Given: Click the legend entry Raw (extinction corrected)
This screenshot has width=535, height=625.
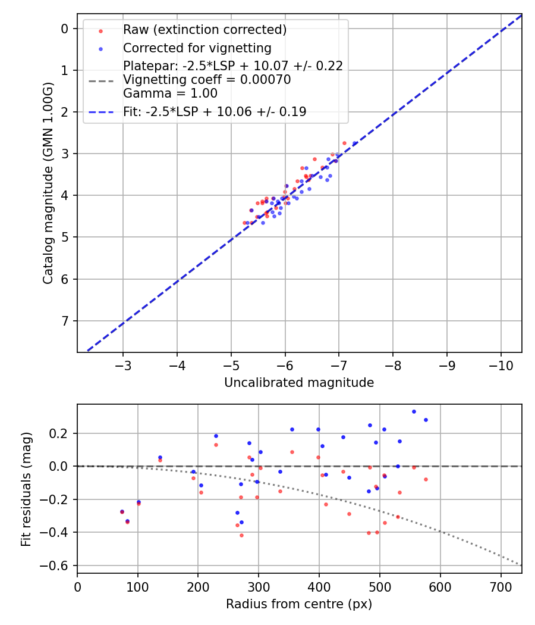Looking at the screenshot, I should [204, 29].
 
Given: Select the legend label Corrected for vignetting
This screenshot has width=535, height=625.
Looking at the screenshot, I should [197, 48].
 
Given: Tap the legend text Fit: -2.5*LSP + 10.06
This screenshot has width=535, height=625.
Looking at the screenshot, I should [215, 111].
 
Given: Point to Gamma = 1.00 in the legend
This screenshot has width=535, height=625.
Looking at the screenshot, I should [170, 93].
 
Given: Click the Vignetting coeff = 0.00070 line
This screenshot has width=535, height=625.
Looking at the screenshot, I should [207, 80].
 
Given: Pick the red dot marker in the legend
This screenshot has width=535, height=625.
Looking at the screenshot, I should [100, 30].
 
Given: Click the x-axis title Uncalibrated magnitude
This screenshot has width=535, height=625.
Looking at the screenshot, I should [299, 383].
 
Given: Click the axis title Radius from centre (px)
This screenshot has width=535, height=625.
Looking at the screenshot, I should [299, 604].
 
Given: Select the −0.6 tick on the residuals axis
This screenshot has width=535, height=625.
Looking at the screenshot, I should [61, 565].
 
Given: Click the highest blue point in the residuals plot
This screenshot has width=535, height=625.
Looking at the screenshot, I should [414, 411].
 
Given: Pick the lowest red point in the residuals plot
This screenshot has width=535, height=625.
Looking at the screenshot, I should [241, 535].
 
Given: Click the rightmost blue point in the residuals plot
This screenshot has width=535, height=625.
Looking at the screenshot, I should [426, 420].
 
